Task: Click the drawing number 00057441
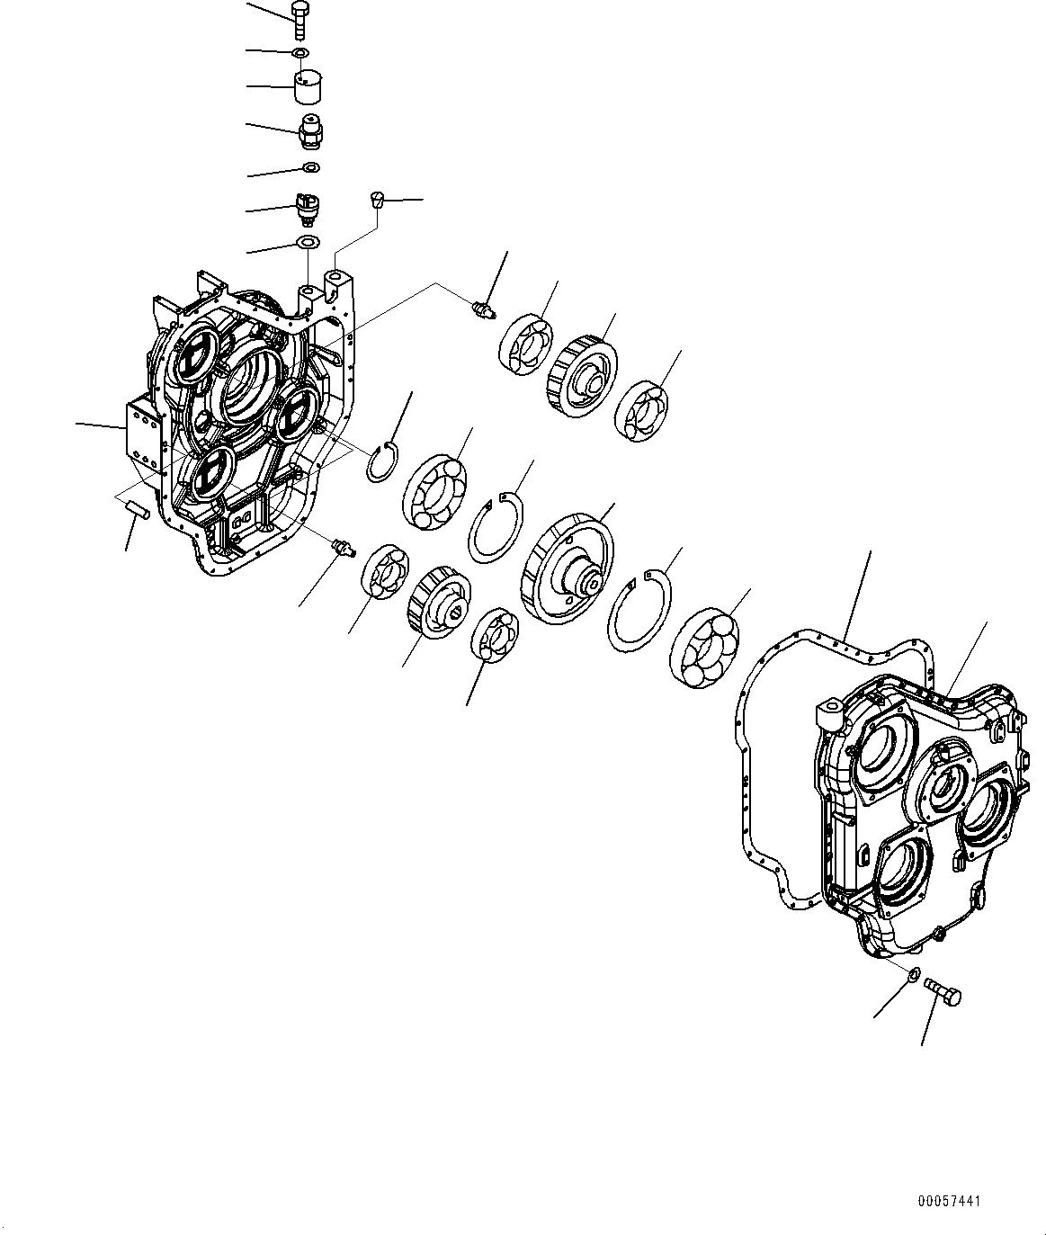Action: pos(950,1201)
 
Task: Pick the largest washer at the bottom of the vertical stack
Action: pos(308,242)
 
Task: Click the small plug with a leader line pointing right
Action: pos(378,200)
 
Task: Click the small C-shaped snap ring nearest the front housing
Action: pos(384,461)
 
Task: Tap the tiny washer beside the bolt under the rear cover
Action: pos(914,973)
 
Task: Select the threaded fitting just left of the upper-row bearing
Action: pos(483,310)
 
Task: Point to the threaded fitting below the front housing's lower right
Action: pos(343,545)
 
